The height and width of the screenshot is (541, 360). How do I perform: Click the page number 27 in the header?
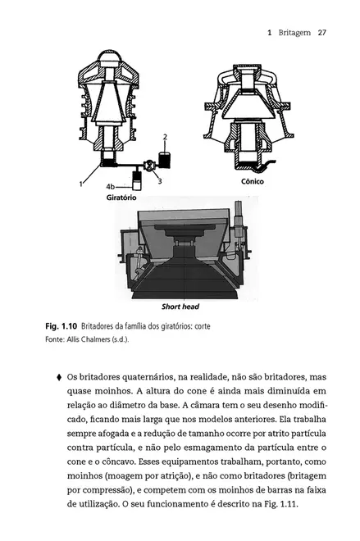(x=322, y=33)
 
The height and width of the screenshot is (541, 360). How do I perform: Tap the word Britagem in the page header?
(x=294, y=33)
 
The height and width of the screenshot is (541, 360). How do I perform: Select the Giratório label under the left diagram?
(x=121, y=198)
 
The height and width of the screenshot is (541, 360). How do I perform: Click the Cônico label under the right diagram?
(x=253, y=181)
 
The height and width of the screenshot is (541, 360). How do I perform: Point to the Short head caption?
(x=180, y=307)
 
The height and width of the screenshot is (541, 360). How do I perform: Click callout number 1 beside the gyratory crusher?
(x=81, y=184)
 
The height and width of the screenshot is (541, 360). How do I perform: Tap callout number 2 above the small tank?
(x=165, y=137)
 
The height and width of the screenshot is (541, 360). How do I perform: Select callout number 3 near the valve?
(x=160, y=181)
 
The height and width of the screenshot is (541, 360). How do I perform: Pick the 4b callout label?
(x=111, y=187)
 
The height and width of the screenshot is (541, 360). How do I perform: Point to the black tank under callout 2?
(x=164, y=160)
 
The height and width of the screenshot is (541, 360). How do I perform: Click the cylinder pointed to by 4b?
(x=139, y=180)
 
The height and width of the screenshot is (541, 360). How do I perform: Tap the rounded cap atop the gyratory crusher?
(x=108, y=57)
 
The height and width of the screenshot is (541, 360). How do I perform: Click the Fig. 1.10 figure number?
(x=61, y=326)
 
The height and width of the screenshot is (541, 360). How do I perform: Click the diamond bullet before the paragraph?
(x=59, y=377)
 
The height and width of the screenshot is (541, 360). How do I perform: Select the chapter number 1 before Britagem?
(x=270, y=33)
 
